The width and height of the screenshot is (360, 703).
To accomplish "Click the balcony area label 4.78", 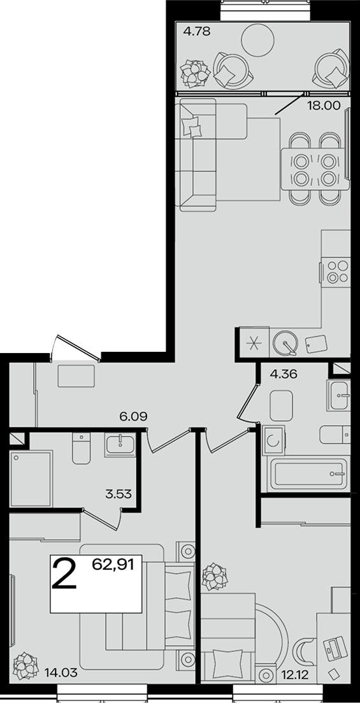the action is [x=197, y=31].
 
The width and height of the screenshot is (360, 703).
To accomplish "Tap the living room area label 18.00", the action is [x=323, y=105].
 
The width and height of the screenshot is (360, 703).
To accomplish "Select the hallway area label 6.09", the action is [x=133, y=416].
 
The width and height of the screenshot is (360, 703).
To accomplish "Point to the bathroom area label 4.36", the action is [x=284, y=373].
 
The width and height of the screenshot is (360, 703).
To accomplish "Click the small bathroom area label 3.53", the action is [x=119, y=495].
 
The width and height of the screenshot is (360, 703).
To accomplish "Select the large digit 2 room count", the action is [x=64, y=574].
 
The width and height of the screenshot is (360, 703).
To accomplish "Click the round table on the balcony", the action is [x=257, y=40].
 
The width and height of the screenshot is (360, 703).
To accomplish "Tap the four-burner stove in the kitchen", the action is [x=337, y=272].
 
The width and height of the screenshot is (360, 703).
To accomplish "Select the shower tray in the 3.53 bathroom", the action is [x=31, y=479].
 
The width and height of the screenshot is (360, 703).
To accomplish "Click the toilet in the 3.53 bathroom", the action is [x=81, y=448].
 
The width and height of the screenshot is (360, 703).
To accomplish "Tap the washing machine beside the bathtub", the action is [x=273, y=440].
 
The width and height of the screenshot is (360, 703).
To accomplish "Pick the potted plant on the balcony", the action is [x=194, y=73].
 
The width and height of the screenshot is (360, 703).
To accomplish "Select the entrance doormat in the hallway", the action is [x=76, y=375].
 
